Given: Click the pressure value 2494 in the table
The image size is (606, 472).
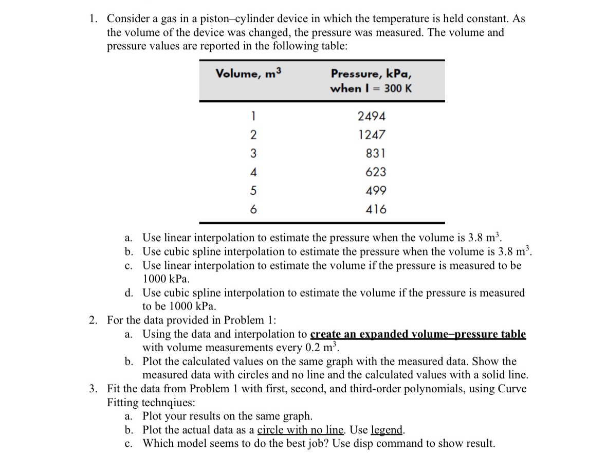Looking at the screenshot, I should pos(372,116).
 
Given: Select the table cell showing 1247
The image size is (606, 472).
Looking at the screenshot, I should pos(372,135).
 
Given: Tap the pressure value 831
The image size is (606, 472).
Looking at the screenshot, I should pos(376,153).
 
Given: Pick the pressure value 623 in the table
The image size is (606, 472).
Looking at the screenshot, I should pos(376,172).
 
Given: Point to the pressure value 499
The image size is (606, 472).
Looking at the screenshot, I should pos(376,191).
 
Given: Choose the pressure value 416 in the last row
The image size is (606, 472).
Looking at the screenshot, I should pos(376,209).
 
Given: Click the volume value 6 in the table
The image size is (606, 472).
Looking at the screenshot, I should pos(252,209).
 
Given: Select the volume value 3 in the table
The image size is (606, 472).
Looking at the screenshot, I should pos(252,153).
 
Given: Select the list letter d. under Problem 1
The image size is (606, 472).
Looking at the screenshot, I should pos(130,293).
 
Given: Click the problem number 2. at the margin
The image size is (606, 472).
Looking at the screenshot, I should pos(93,320).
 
